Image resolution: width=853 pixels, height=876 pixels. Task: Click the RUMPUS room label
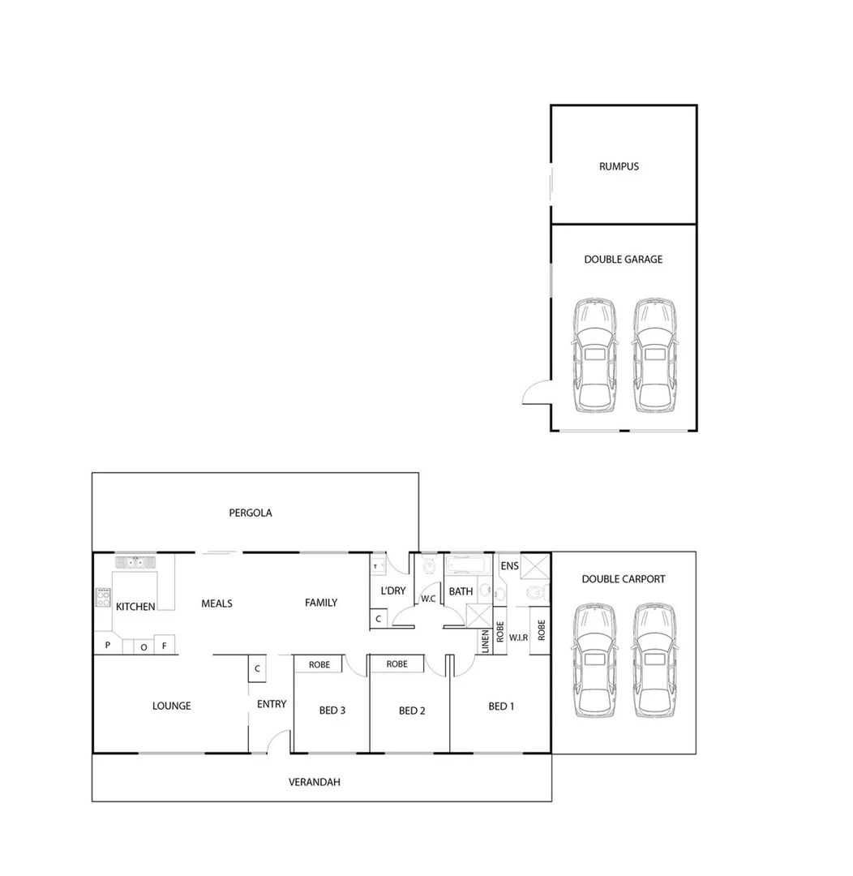pyautogui.click(x=619, y=166)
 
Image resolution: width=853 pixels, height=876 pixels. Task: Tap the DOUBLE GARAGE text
pyautogui.click(x=623, y=260)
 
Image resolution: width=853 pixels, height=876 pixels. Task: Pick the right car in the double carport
pyautogui.click(x=654, y=660)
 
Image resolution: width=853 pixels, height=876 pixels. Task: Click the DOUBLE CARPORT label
pyautogui.click(x=623, y=579)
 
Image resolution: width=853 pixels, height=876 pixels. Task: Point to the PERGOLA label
pyautogui.click(x=250, y=513)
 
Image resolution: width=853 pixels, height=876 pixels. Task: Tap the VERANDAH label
pyautogui.click(x=314, y=783)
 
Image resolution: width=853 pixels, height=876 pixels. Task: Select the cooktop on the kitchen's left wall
pyautogui.click(x=103, y=598)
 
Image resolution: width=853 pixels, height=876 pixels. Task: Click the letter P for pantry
pyautogui.click(x=107, y=646)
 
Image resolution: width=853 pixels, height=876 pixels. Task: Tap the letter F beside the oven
pyautogui.click(x=164, y=646)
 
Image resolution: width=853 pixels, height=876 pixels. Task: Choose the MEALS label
pyautogui.click(x=216, y=603)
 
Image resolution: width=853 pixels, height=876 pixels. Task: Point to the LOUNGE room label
pyautogui.click(x=172, y=706)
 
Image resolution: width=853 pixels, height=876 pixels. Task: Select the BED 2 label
pyautogui.click(x=412, y=711)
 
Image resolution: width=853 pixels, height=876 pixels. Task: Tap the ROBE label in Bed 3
pyautogui.click(x=319, y=664)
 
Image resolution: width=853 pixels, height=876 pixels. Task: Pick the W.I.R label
pyautogui.click(x=519, y=638)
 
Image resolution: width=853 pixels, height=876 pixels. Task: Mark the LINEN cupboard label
pyautogui.click(x=485, y=641)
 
